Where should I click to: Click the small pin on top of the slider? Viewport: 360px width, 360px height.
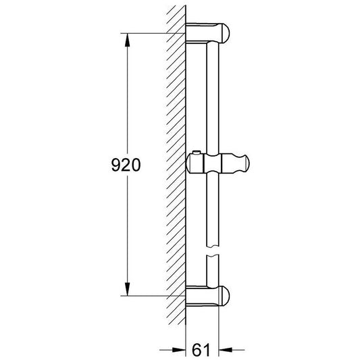[195, 153]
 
